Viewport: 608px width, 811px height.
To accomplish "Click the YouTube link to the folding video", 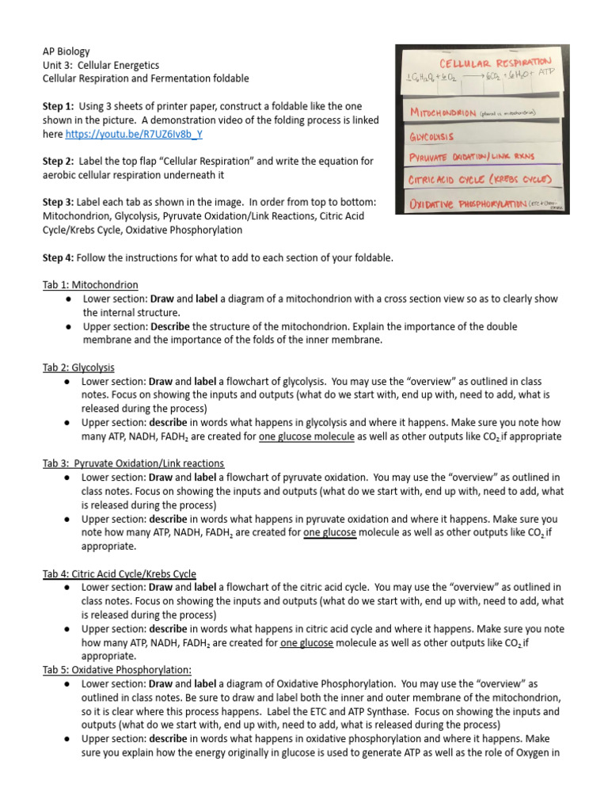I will pyautogui.click(x=134, y=134).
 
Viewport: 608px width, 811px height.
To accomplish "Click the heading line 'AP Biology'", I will pyautogui.click(x=66, y=51).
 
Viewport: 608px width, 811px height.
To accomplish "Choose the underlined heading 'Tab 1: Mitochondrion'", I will pyautogui.click(x=90, y=285).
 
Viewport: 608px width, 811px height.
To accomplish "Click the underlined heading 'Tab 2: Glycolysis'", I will pyautogui.click(x=78, y=367).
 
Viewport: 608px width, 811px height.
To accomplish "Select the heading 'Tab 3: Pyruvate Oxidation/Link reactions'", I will pyautogui.click(x=133, y=463).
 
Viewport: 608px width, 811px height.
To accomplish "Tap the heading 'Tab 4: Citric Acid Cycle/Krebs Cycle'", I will pyautogui.click(x=120, y=573).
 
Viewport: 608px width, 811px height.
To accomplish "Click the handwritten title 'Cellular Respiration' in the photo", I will pyautogui.click(x=495, y=61).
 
